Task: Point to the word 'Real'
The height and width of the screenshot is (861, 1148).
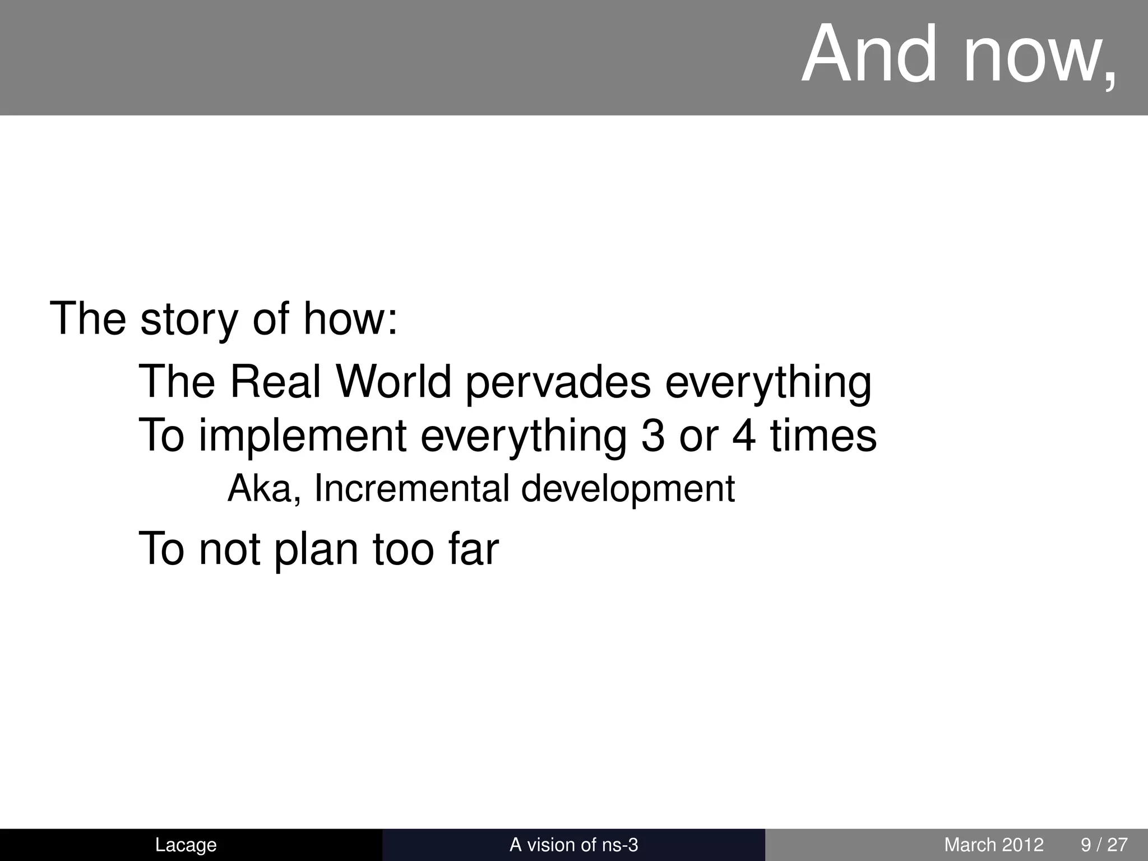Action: (x=276, y=382)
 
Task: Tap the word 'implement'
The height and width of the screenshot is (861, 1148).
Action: (x=303, y=437)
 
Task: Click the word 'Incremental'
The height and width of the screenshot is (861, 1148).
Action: (x=411, y=489)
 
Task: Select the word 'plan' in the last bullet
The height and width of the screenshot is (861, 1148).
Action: (x=316, y=550)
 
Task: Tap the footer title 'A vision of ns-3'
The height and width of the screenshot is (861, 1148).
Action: (x=573, y=845)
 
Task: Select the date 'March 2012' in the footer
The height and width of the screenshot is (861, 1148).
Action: (x=994, y=845)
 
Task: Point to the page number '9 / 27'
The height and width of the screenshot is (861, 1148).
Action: (x=1104, y=845)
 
